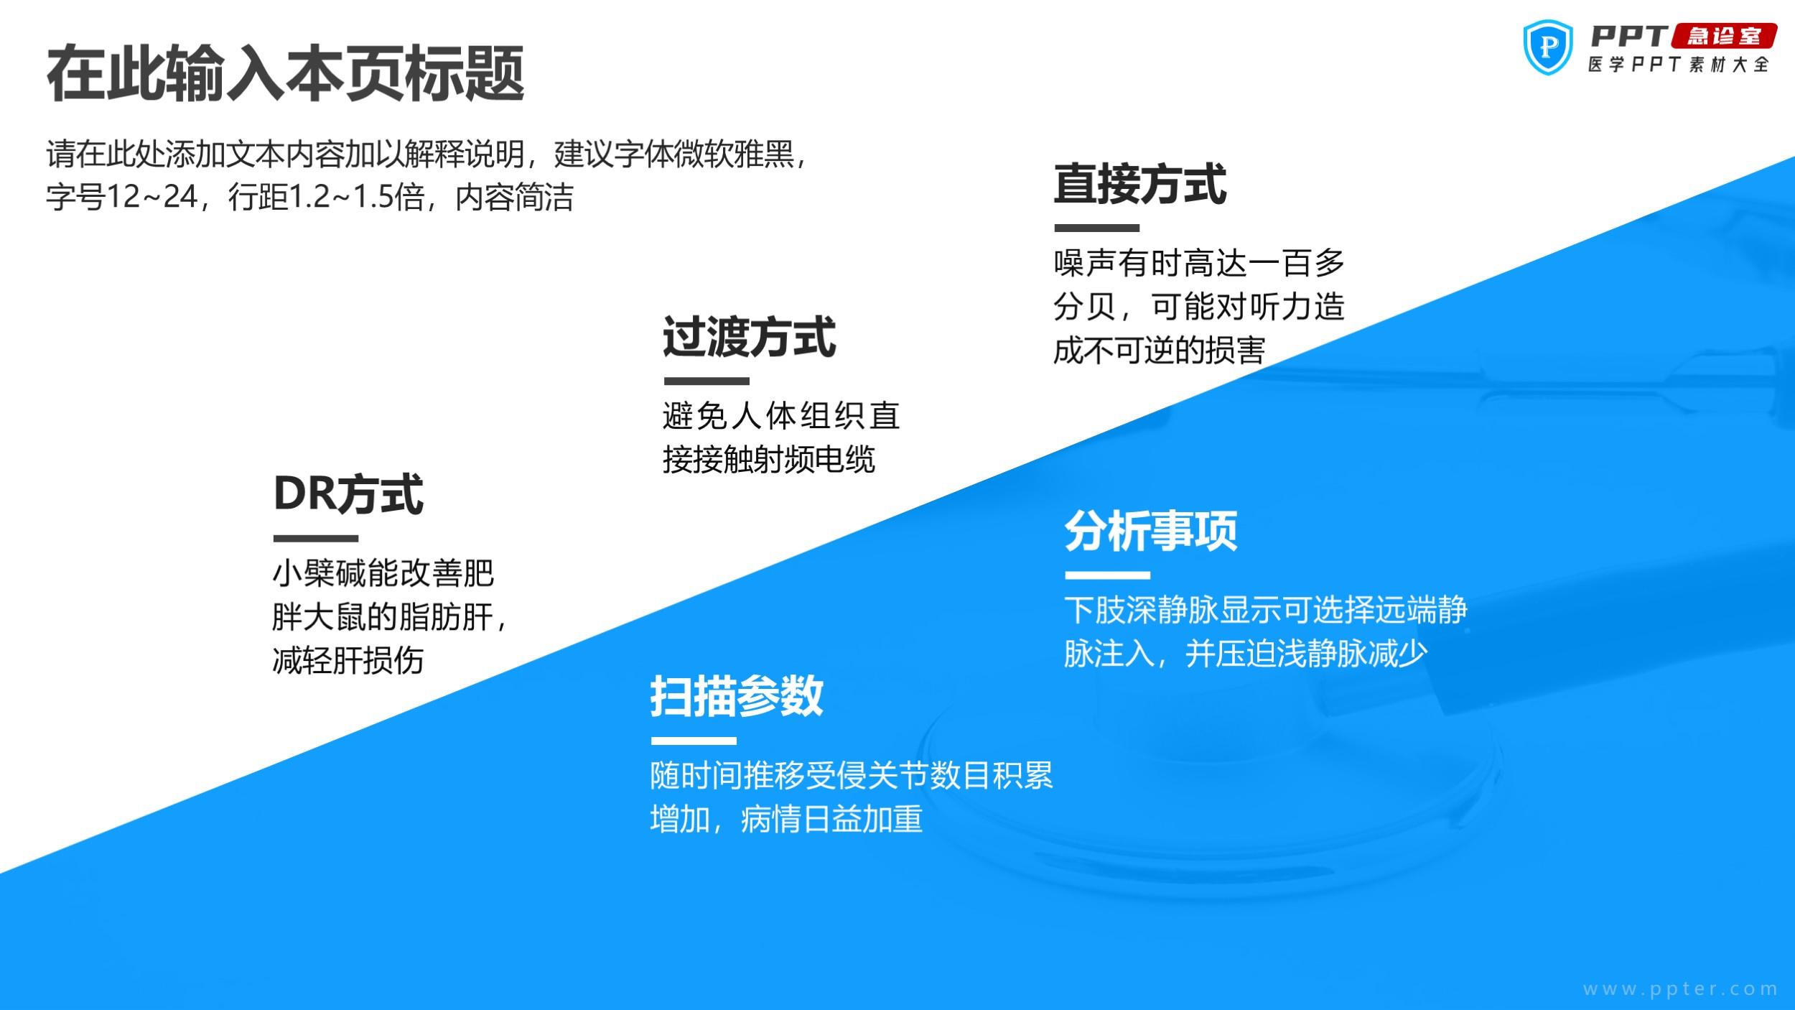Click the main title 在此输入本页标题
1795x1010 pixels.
tap(286, 74)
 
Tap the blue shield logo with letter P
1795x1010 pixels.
tap(1548, 47)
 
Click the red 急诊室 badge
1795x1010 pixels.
tap(1724, 36)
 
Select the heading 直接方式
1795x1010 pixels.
tap(1140, 184)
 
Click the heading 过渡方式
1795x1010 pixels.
tap(749, 337)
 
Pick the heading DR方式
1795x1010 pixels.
tap(348, 494)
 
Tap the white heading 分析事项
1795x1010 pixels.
tap(1151, 532)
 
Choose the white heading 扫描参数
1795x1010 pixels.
tap(737, 696)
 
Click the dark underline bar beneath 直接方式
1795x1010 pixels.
tap(1096, 228)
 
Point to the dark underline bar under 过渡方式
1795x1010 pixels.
tap(707, 381)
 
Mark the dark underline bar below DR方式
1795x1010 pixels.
tap(316, 539)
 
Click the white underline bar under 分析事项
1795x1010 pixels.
tap(1108, 575)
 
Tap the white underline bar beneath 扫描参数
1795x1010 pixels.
tap(694, 741)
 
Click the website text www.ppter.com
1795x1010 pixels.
tap(1681, 989)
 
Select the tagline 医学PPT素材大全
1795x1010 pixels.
tap(1679, 65)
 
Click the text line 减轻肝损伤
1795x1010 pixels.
tap(348, 660)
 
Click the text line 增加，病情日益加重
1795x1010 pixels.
tap(786, 820)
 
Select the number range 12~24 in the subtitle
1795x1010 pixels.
tap(152, 197)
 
